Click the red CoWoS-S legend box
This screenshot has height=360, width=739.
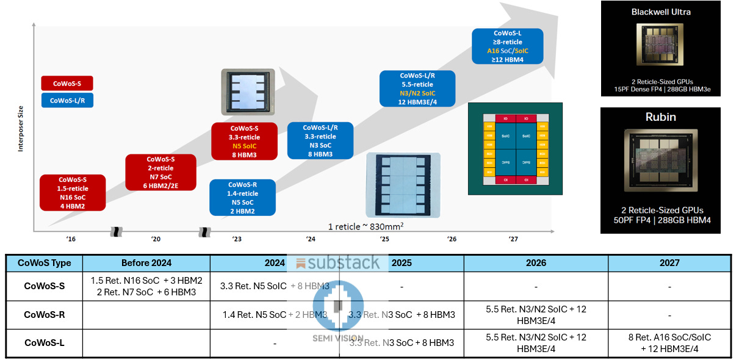click(67, 83)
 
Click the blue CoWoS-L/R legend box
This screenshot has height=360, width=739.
click(67, 100)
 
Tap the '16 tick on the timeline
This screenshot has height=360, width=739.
click(71, 239)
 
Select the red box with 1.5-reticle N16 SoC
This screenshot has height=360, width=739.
click(73, 193)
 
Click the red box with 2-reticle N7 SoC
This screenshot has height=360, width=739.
click(160, 173)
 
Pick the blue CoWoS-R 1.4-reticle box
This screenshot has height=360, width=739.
click(242, 198)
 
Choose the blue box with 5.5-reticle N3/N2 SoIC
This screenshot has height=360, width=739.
click(417, 88)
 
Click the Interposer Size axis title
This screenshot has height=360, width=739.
click(21, 128)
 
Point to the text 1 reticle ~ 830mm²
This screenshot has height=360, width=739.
click(367, 226)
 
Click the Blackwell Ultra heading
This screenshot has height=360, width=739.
click(661, 12)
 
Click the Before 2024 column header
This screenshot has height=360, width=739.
click(146, 263)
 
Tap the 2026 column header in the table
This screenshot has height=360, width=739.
click(535, 263)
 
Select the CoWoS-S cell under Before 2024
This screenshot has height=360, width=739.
click(146, 286)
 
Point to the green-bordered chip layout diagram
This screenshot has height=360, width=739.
click(515, 149)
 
